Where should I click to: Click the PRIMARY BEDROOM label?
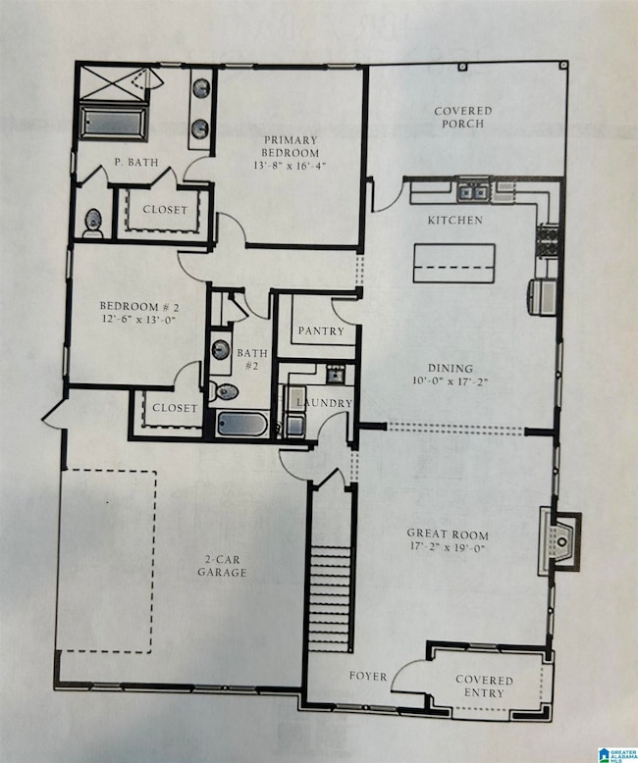pos(291,146)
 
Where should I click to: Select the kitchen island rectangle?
pos(453,263)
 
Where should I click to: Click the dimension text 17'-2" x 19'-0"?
pos(447,549)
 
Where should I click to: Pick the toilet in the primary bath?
pos(92,223)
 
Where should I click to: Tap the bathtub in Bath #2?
pos(242,425)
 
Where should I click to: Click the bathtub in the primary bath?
pos(113,124)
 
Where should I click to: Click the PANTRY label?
pos(321,331)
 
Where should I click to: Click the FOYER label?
pos(369,676)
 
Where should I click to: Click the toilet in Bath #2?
pos(225,391)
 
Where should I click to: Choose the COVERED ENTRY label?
pos(480,686)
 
